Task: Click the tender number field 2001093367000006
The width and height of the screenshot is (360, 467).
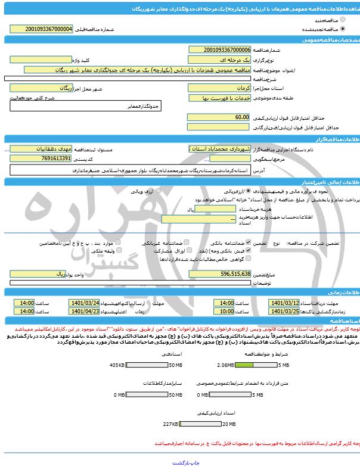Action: (219, 51)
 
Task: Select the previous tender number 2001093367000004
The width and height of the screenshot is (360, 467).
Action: (49, 28)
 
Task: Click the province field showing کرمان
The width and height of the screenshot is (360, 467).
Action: (219, 88)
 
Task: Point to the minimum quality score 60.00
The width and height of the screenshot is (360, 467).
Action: (219, 117)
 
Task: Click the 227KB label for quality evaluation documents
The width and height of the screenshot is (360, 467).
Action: (170, 424)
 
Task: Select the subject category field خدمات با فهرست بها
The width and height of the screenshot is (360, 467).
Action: (219, 97)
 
